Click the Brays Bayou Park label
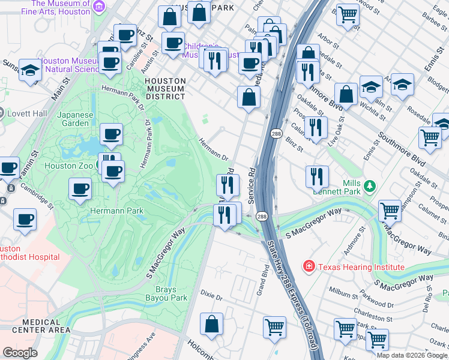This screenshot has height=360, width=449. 167,293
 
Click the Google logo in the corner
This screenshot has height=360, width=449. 20,353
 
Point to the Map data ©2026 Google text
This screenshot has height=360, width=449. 411,355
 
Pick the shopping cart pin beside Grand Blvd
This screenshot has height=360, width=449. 274,328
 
